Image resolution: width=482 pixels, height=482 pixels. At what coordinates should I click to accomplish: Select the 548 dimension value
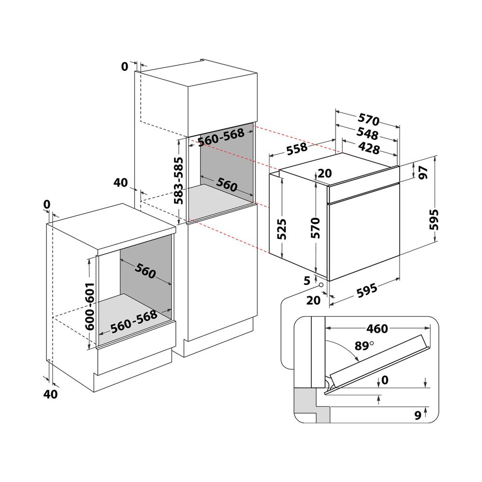tap(367, 134)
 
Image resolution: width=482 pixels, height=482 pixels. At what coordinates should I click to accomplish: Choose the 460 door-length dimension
tap(377, 329)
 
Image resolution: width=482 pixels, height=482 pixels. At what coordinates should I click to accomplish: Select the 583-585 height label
tap(178, 181)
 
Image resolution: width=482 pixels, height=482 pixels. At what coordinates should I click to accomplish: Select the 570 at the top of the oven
tap(369, 120)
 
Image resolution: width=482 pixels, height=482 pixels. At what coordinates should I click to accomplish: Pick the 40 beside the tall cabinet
tap(121, 182)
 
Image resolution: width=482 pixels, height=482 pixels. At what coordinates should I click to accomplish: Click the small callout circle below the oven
tap(321, 285)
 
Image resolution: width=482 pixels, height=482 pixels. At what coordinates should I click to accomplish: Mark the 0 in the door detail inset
tap(384, 380)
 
